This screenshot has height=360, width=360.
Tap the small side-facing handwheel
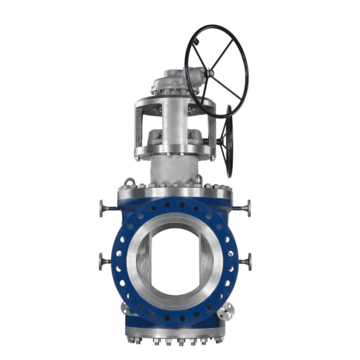228,141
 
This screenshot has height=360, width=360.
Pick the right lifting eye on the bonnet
198,179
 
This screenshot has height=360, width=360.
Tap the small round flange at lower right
226,311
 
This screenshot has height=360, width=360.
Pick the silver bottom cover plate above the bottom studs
175,332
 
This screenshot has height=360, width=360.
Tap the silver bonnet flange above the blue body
174,193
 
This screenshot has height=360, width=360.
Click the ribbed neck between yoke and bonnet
173,169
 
